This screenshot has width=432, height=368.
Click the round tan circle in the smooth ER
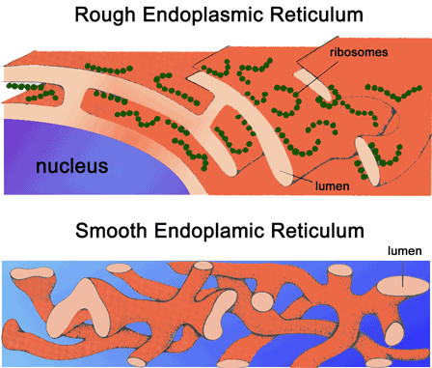260,300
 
